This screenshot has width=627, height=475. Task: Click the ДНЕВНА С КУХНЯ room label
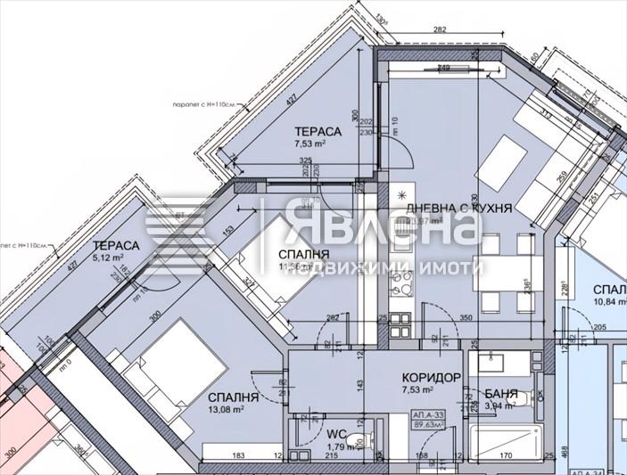coord(458,208)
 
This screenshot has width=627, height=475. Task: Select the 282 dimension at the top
coord(439,30)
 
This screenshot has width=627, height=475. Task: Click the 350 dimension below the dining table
coord(439,316)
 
